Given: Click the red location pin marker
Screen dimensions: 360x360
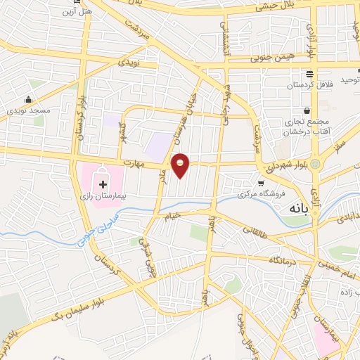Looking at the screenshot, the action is pos(181,165).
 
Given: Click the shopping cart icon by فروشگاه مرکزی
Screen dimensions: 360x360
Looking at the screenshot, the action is pos(261,182).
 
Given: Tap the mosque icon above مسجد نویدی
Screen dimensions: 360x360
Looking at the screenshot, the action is pos(28,100).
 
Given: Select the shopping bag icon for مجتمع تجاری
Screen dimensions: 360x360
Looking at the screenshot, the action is pos(307,110).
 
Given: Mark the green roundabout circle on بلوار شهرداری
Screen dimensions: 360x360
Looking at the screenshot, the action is pos(315,165).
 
